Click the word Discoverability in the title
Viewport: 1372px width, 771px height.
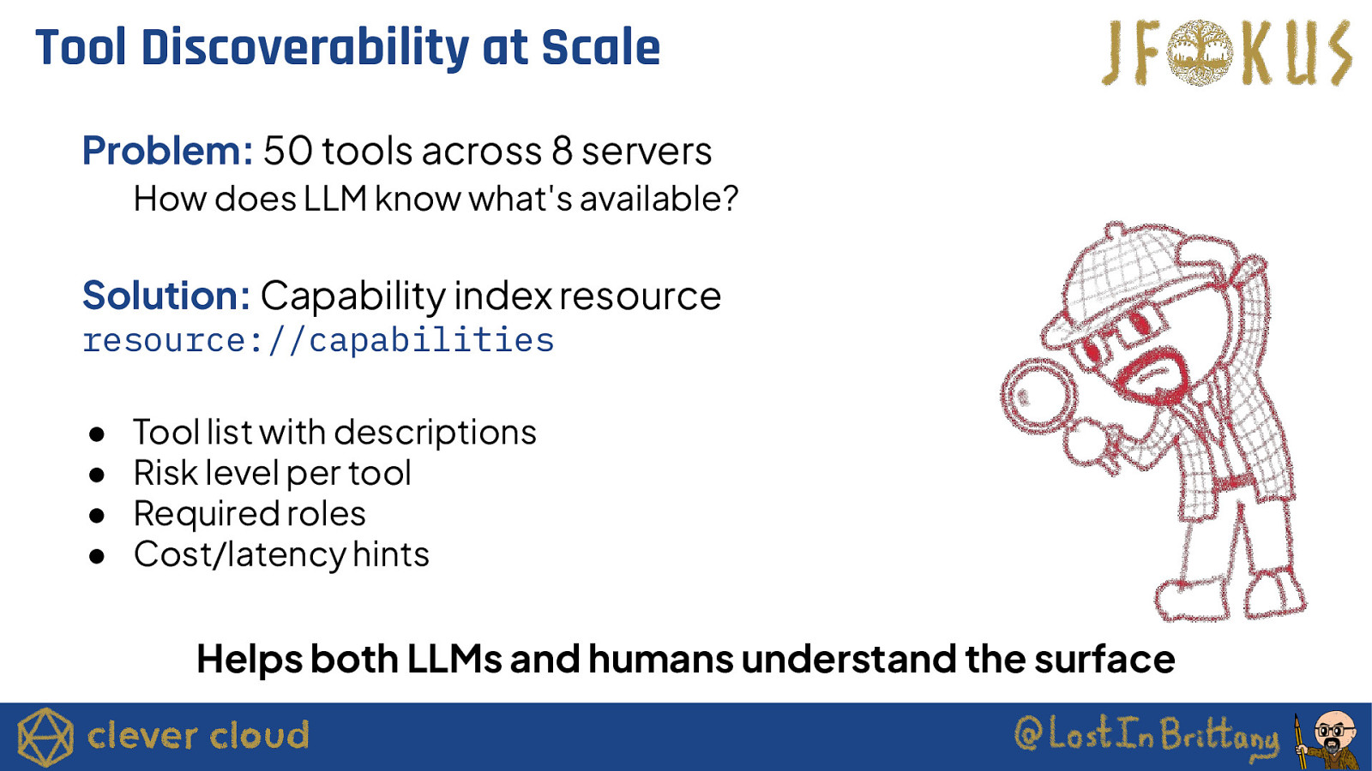click(x=304, y=48)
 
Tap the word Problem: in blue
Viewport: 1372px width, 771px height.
click(x=167, y=151)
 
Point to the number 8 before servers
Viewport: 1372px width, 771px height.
click(x=562, y=151)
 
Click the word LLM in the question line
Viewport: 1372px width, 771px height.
click(x=335, y=199)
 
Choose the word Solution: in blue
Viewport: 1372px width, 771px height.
click(x=166, y=296)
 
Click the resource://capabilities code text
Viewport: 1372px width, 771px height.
click(x=318, y=341)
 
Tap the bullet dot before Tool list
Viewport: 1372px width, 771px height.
click(x=97, y=435)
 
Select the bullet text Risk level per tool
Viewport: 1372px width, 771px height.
click(x=273, y=474)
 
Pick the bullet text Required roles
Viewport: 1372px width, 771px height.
click(x=250, y=514)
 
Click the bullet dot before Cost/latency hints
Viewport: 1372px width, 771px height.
click(x=97, y=557)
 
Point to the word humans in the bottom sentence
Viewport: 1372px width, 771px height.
click(x=661, y=659)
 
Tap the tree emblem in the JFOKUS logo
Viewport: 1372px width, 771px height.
click(x=1200, y=52)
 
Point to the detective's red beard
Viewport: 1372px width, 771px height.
click(x=1152, y=374)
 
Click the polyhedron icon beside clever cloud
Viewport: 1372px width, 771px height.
click(x=45, y=737)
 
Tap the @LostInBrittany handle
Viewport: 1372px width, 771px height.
click(x=1146, y=737)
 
